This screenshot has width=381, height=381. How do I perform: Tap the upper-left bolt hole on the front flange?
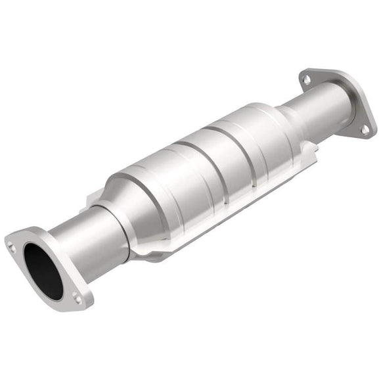point(11,247)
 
